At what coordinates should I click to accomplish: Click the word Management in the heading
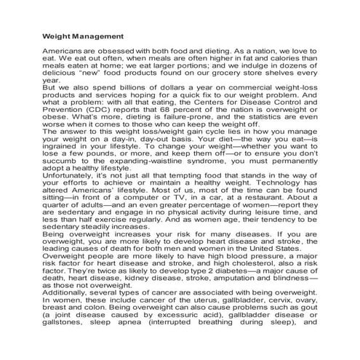(97, 36)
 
